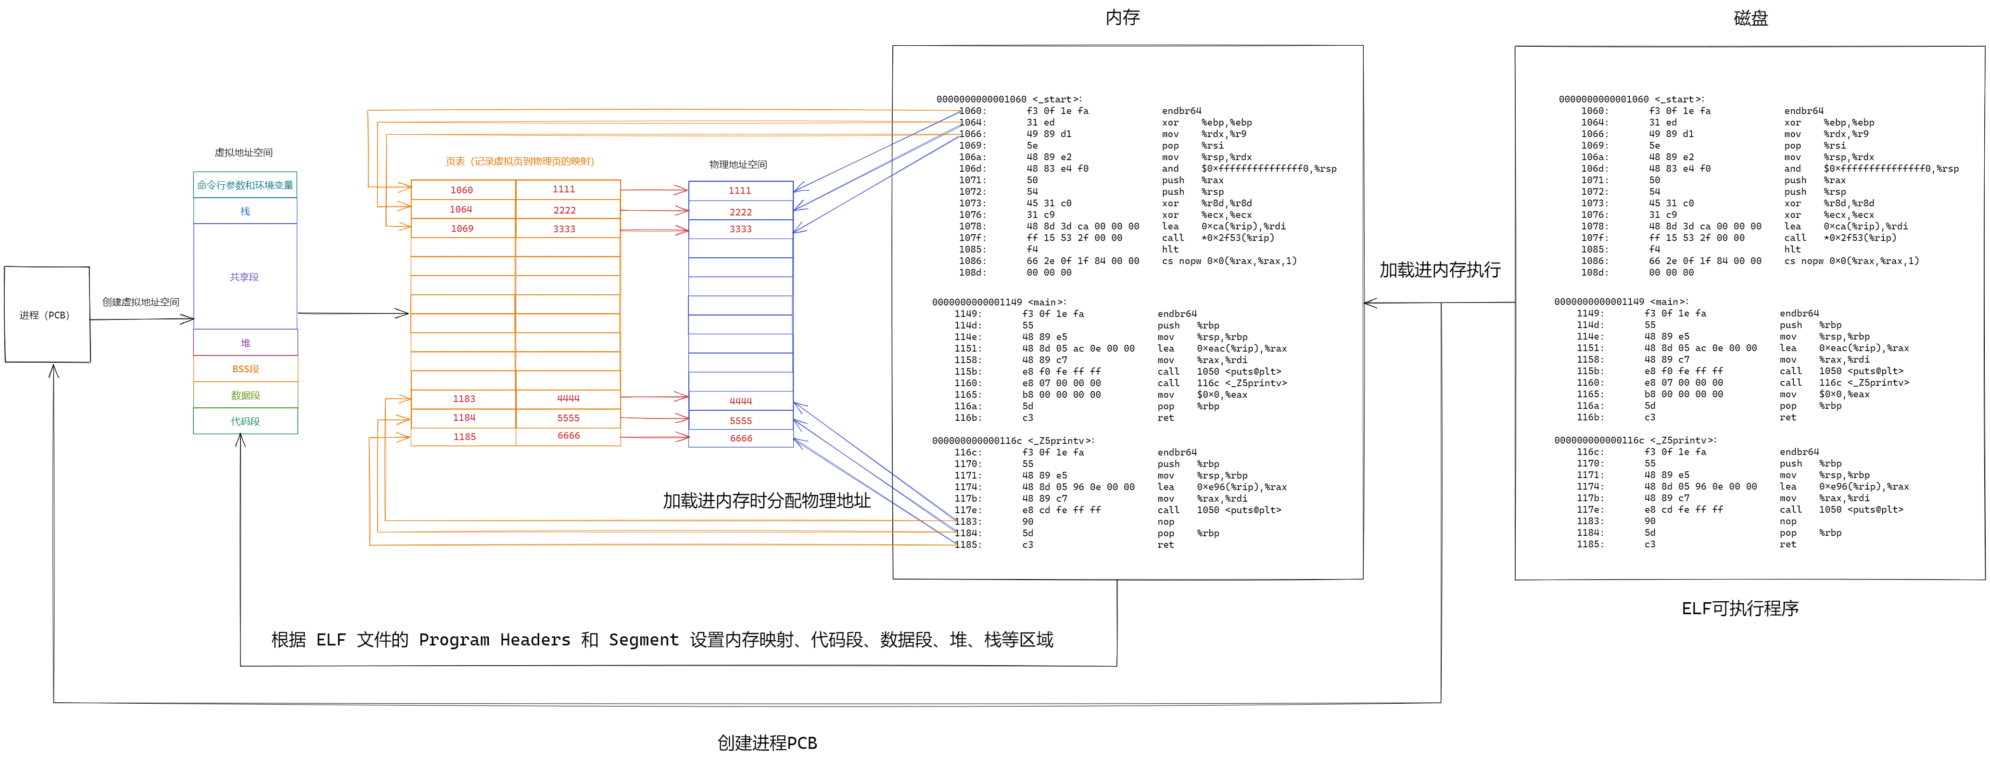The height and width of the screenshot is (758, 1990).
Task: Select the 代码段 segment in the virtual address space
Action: click(x=245, y=421)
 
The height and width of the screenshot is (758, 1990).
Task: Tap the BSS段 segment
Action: click(x=245, y=368)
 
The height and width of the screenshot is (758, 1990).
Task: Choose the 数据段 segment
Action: click(x=245, y=395)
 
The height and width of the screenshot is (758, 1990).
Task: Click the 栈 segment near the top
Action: click(x=245, y=211)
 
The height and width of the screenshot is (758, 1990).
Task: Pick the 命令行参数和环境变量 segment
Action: click(x=245, y=185)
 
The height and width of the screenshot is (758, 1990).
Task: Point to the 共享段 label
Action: click(x=244, y=277)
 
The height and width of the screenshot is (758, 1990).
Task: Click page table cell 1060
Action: click(x=462, y=190)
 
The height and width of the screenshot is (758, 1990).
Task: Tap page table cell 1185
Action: click(x=464, y=437)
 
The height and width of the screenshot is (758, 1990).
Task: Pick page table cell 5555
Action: click(x=569, y=418)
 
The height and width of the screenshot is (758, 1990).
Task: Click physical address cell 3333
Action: click(x=740, y=229)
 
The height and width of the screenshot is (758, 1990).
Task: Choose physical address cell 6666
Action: click(x=741, y=438)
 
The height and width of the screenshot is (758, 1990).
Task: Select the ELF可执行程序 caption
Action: click(x=1740, y=608)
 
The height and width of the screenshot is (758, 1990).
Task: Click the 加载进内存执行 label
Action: click(x=1440, y=270)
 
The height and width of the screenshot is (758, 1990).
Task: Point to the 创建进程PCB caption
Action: click(x=767, y=743)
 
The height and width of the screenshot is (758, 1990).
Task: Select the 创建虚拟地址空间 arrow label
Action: click(x=140, y=302)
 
